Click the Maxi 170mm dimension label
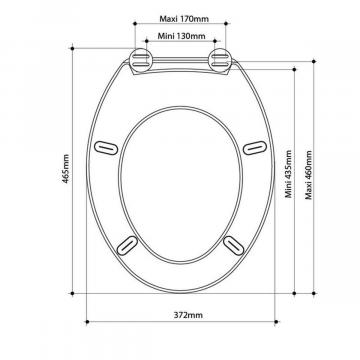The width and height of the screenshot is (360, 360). [184, 19]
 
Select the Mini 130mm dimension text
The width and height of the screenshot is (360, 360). [181, 36]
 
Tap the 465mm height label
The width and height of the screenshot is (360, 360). [66, 169]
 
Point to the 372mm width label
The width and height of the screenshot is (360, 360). [188, 315]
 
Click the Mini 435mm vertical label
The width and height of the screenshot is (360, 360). [288, 174]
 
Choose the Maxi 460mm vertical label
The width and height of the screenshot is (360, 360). [309, 175]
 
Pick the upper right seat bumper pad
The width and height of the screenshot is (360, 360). [255, 148]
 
